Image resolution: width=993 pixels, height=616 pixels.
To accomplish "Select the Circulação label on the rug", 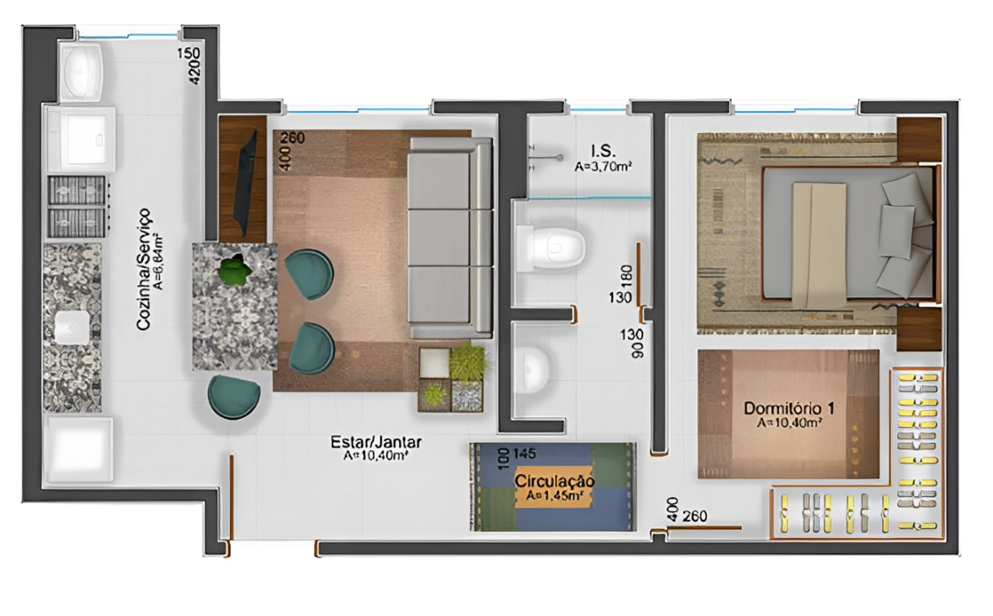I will point(554,481).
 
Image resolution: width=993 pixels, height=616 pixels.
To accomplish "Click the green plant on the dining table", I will point(233,270).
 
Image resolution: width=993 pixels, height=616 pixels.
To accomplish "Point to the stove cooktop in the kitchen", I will point(79,205).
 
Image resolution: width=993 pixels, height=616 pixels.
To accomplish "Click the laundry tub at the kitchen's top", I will point(82,69).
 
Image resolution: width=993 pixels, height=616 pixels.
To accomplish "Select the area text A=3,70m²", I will point(604,165).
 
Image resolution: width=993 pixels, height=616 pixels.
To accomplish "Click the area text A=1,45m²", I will point(554,496).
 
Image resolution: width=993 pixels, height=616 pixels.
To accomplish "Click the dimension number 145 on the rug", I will point(524,454).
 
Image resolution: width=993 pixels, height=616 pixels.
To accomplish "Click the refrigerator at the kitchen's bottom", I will point(79,450).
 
